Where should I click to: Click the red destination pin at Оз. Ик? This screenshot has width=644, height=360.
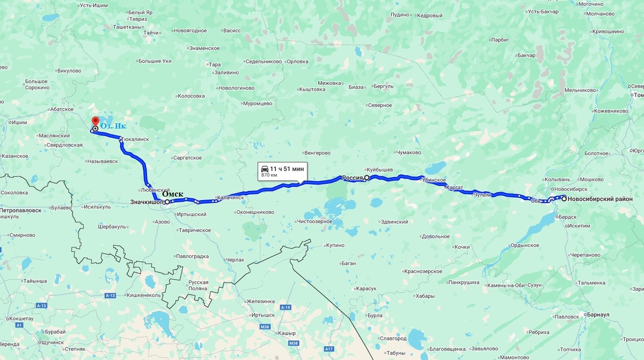96,122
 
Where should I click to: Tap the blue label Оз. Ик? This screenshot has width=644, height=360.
113,127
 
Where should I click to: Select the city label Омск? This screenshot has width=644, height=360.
172,194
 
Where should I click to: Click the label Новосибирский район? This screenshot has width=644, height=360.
600,199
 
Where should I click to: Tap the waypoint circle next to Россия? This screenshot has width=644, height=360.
367,178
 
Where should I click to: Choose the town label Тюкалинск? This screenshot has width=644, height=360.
135,139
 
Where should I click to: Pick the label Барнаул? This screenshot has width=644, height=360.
598,314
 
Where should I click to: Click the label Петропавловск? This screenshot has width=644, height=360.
21,210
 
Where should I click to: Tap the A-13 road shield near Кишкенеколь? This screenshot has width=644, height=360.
111,295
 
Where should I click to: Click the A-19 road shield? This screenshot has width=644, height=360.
286,307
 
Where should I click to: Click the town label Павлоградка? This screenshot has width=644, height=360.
192,256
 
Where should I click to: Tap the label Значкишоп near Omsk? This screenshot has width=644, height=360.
147,202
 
